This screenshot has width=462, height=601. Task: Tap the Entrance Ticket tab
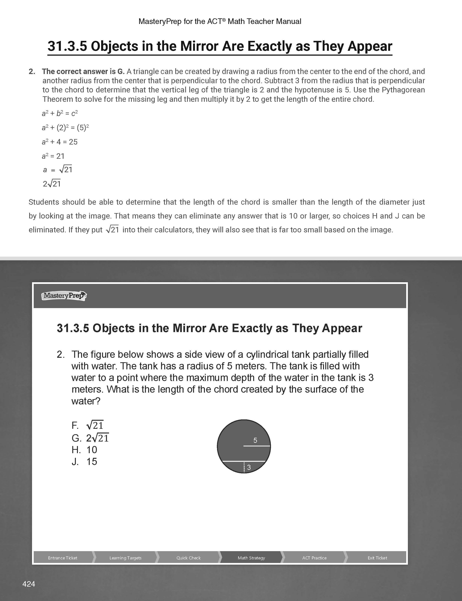click(x=63, y=558)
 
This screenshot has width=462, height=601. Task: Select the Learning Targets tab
click(x=125, y=558)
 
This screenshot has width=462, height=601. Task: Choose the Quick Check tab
click(x=188, y=558)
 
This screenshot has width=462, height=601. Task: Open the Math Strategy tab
click(x=251, y=558)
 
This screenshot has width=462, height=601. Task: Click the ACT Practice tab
click(x=314, y=558)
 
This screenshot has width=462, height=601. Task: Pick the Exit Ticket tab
click(x=377, y=558)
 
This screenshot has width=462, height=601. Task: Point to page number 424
click(x=29, y=584)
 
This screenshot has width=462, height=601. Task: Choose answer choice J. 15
click(x=85, y=462)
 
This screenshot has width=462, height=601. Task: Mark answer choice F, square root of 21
click(x=87, y=425)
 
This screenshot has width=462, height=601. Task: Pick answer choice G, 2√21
click(x=90, y=438)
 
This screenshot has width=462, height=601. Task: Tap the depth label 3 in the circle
click(x=249, y=467)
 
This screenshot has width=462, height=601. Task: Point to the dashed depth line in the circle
click(x=244, y=467)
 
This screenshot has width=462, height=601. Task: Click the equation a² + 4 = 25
click(x=60, y=142)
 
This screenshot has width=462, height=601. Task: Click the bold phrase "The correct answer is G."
click(x=83, y=72)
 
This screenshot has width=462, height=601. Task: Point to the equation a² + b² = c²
click(x=60, y=113)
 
